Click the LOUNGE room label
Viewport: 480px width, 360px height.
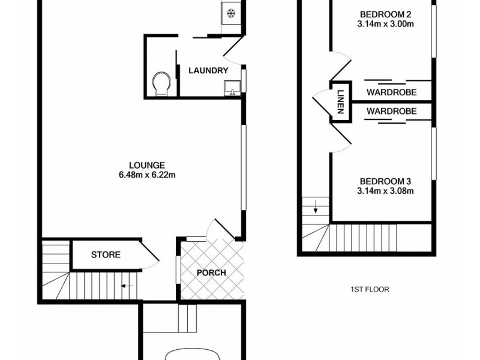coord(146,166)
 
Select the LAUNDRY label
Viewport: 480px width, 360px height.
coord(208,71)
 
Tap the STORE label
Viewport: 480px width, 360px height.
coord(106,254)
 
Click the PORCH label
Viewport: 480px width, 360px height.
coord(212,272)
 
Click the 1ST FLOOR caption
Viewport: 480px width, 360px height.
coord(370,289)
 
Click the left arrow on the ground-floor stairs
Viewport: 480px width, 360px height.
coord(127,286)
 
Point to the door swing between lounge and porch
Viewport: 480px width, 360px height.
coord(215,229)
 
